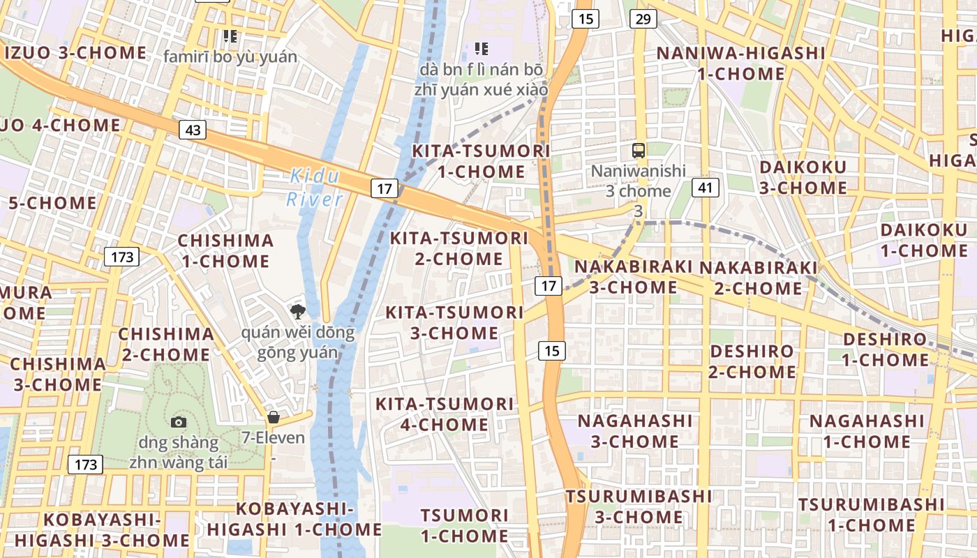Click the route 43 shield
(x=193, y=129)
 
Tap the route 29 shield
(x=643, y=19)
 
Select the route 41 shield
(x=706, y=187)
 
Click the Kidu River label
(x=315, y=188)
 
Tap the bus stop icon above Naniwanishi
(x=639, y=150)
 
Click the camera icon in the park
(x=179, y=422)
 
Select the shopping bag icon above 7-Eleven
(x=274, y=417)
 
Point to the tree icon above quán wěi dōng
(x=298, y=311)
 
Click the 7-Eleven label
(x=274, y=438)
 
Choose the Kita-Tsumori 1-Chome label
(x=481, y=161)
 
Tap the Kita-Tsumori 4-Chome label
(x=445, y=414)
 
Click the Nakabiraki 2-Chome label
(x=758, y=278)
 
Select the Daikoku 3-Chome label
(x=803, y=177)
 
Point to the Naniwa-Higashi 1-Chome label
(x=740, y=63)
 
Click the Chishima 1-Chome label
(x=225, y=251)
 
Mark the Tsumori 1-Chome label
(x=464, y=526)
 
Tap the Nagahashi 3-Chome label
(x=635, y=431)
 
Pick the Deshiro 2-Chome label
(x=752, y=361)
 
